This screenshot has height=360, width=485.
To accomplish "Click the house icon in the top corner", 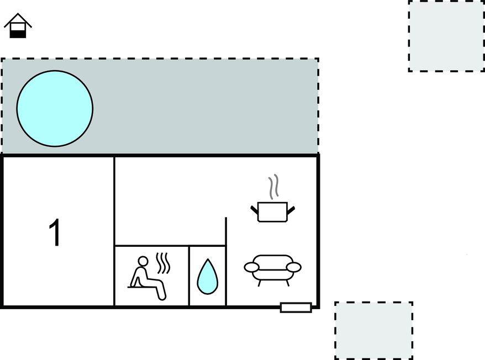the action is click(x=18, y=26).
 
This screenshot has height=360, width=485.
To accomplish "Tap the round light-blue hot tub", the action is click(x=55, y=108).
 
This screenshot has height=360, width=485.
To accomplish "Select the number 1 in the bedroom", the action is click(x=55, y=232).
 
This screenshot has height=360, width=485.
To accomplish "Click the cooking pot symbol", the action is click(x=272, y=211).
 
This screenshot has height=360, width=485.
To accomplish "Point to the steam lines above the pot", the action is click(x=273, y=187).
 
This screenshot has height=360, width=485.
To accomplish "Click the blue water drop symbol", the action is click(x=208, y=277).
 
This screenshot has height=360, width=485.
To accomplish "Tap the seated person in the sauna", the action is click(x=147, y=278).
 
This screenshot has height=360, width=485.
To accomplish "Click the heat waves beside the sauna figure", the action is click(x=163, y=263).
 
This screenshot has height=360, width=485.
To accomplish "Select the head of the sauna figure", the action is click(x=143, y=261).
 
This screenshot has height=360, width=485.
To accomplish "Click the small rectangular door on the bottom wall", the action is click(x=296, y=308).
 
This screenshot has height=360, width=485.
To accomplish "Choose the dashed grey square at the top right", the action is click(x=447, y=36).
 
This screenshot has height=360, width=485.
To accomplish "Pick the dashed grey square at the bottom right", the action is click(x=373, y=331).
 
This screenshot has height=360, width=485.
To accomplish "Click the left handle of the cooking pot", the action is click(x=254, y=210).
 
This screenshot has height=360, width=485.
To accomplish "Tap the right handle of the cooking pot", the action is click(x=291, y=210).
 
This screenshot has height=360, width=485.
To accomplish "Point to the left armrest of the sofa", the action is click(x=252, y=267).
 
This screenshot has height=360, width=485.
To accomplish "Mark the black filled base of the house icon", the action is click(x=18, y=34).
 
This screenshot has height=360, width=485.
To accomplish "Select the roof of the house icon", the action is click(x=18, y=20).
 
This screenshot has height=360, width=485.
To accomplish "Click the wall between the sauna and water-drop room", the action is click(x=189, y=276).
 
